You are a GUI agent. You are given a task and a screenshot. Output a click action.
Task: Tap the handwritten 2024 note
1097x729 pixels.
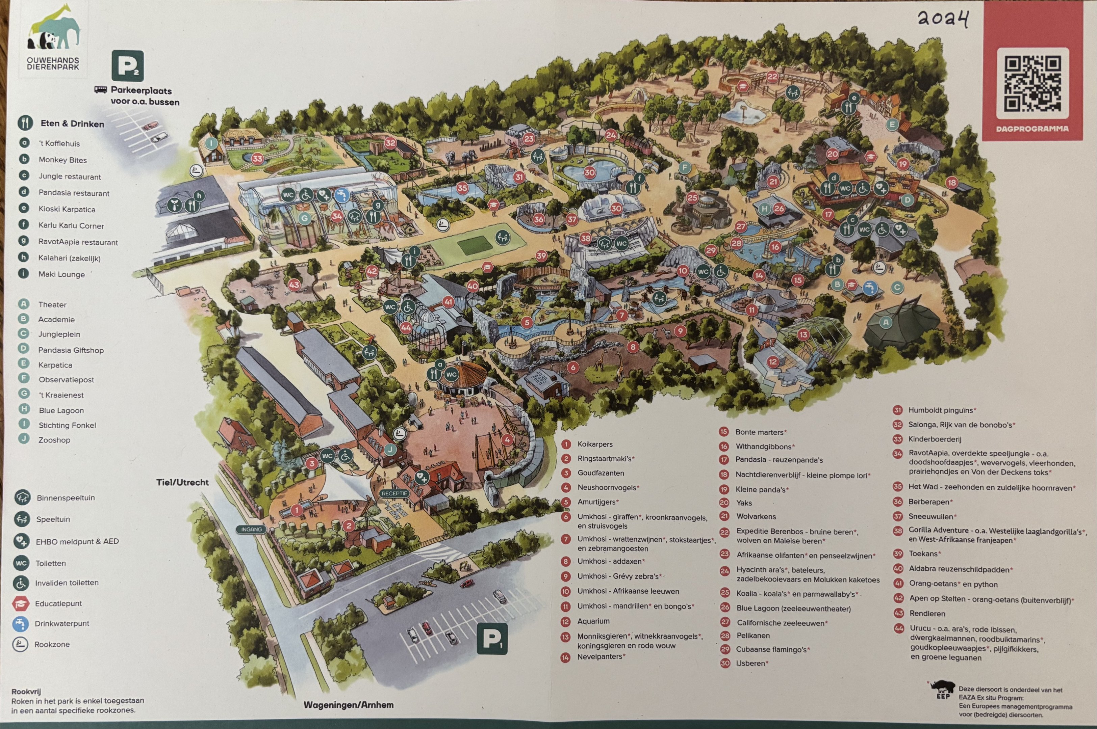[x=943, y=19]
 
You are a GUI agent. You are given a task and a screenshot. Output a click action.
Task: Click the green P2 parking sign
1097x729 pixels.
[x=127, y=66]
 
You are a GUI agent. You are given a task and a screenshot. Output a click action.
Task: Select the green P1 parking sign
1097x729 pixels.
[x=492, y=639]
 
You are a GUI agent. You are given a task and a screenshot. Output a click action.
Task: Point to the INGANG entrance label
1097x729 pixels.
[x=252, y=529]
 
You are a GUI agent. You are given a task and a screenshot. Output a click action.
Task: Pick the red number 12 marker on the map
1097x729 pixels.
[x=773, y=361]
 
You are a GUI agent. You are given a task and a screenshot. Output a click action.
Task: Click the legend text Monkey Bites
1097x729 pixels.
[x=62, y=160]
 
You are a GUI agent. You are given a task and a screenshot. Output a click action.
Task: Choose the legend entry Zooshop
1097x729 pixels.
[x=54, y=440]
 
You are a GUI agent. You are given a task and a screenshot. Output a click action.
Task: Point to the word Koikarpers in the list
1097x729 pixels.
[x=595, y=444]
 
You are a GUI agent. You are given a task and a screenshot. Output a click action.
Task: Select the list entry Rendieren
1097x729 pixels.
[x=927, y=613]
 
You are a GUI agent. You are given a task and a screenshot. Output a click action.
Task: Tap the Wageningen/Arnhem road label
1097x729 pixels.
[x=349, y=704]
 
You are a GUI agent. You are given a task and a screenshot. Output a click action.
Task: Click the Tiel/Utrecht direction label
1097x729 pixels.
[x=182, y=482]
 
